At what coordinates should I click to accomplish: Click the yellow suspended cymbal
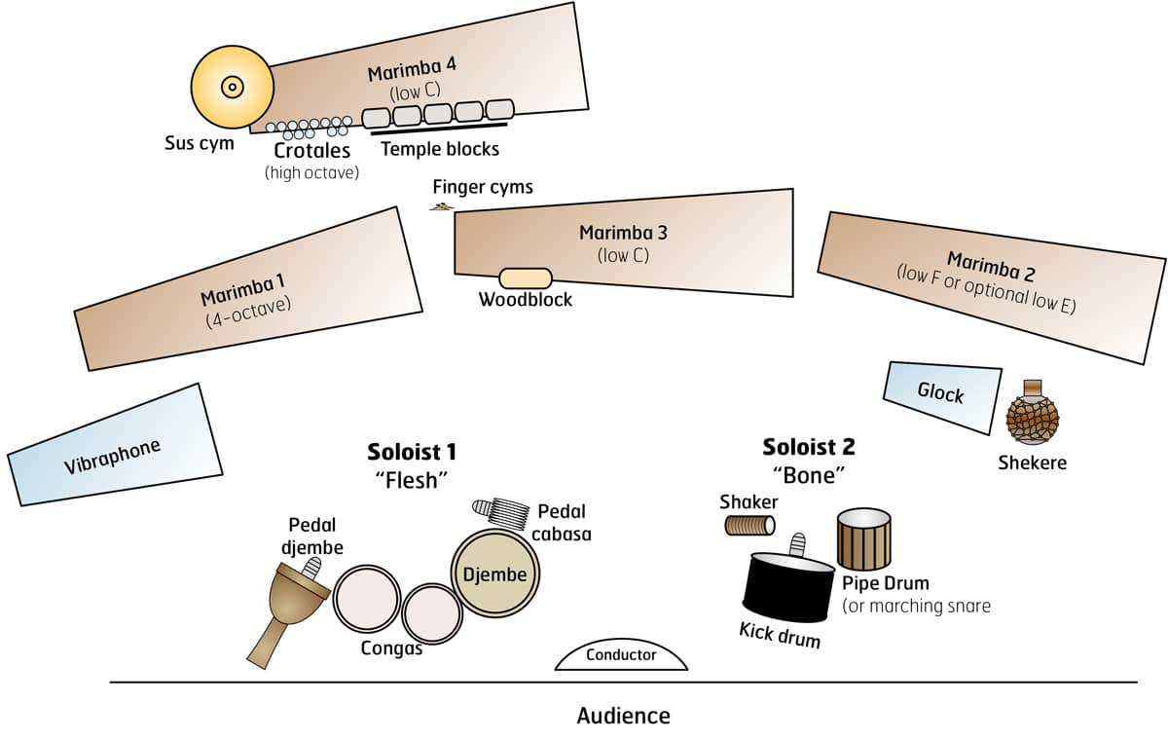click(232, 87)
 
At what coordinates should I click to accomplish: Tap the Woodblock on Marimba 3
click(526, 278)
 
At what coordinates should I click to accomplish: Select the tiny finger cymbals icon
click(443, 205)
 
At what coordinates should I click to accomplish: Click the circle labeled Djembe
click(495, 574)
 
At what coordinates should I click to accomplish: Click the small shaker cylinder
click(749, 526)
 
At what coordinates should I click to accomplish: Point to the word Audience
click(623, 716)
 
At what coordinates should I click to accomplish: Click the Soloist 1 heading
click(412, 452)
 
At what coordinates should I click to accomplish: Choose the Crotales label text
click(311, 151)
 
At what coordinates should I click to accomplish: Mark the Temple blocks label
click(440, 149)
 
